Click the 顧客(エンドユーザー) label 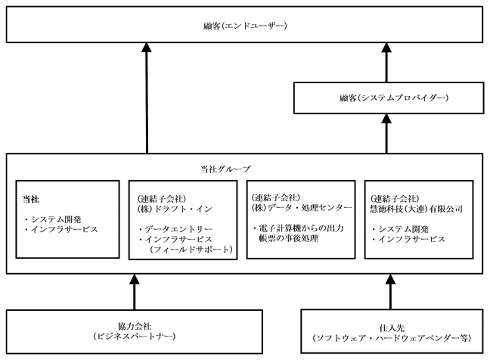pyautogui.click(x=245, y=25)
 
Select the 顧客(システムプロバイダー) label pyautogui.click(x=393, y=98)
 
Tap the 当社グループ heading pyautogui.click(x=225, y=169)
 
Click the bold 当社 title pyautogui.click(x=31, y=199)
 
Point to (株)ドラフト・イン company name pyautogui.click(x=175, y=209)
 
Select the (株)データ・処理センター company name pyautogui.click(x=302, y=207)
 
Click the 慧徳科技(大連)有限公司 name pyautogui.click(x=416, y=209)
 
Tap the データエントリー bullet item pyautogui.click(x=175, y=229)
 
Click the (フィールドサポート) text pyautogui.click(x=191, y=249)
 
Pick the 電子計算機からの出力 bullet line pyautogui.click(x=299, y=228)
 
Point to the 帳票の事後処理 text pyautogui.click(x=288, y=238)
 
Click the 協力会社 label pyautogui.click(x=135, y=326)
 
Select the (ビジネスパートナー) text pyautogui.click(x=135, y=337)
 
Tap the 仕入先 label pyautogui.click(x=392, y=327)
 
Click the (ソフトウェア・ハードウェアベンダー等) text pyautogui.click(x=392, y=338)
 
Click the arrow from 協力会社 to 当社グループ pyautogui.click(x=135, y=292)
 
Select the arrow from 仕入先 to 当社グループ pyautogui.click(x=391, y=292)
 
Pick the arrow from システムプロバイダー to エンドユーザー pyautogui.click(x=386, y=63)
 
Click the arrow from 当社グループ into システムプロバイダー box pyautogui.click(x=386, y=133)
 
